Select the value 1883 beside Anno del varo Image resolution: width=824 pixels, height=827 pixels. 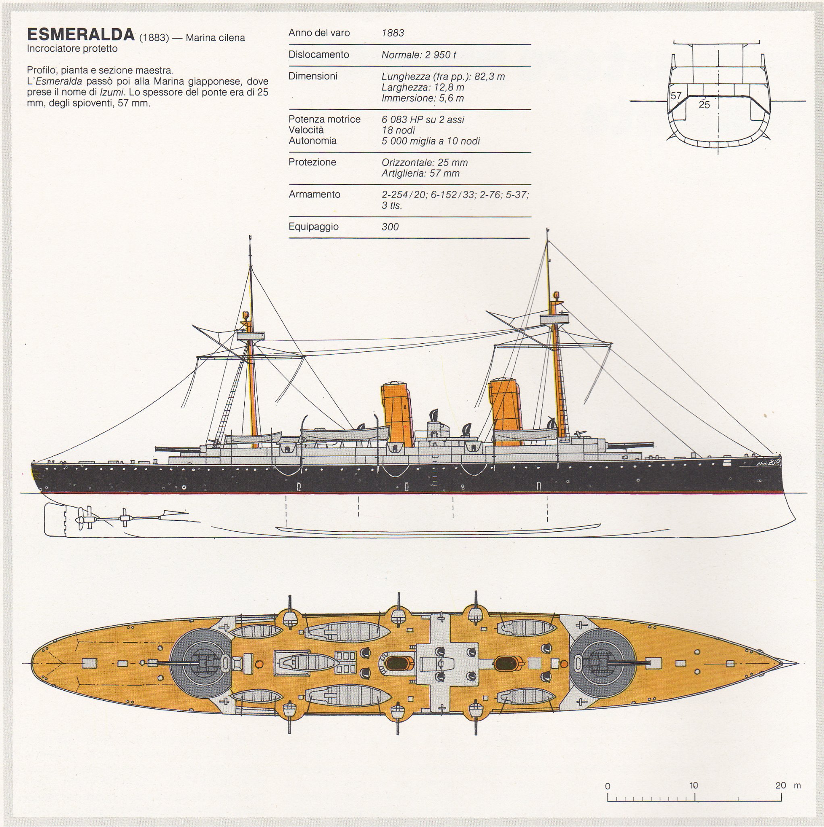pyautogui.click(x=392, y=33)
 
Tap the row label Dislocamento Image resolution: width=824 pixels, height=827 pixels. pyautogui.click(x=318, y=55)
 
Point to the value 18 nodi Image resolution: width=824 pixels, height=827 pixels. pyautogui.click(x=398, y=130)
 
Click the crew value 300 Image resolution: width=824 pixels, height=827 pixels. pyautogui.click(x=390, y=227)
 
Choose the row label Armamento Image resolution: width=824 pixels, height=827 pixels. pyautogui.click(x=314, y=194)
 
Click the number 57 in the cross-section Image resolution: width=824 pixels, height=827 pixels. pyautogui.click(x=676, y=96)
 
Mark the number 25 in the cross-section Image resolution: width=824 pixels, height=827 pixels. pyautogui.click(x=704, y=104)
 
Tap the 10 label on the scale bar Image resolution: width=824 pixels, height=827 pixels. pyautogui.click(x=693, y=785)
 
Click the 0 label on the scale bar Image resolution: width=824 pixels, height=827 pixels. pyautogui.click(x=608, y=785)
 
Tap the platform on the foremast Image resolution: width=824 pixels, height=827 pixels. pyautogui.click(x=554, y=320)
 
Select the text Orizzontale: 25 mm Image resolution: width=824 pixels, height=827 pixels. pyautogui.click(x=424, y=163)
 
